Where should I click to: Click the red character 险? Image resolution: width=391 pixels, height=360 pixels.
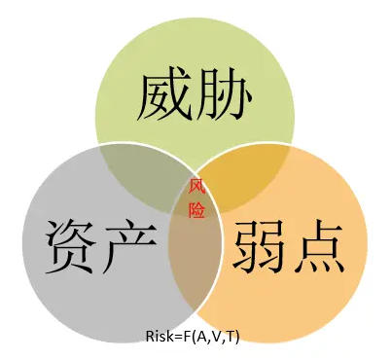pyautogui.click(x=195, y=207)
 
